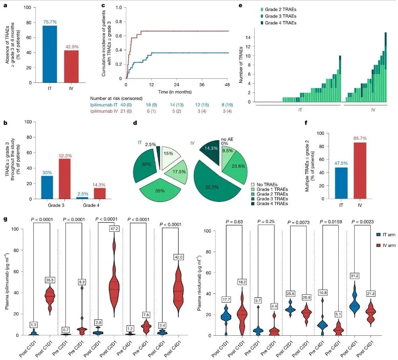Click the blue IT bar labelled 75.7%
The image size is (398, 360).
coord(50,54)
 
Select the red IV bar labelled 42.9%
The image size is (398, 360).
coord(71,67)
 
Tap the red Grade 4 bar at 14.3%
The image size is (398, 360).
coord(100,193)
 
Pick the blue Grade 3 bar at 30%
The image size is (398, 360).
coord(47,187)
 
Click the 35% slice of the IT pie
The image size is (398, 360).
coord(160,190)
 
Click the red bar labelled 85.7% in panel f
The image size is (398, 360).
coord(360,170)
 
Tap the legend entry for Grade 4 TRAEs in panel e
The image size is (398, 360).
coord(278,23)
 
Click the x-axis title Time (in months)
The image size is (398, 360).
coord(175,92)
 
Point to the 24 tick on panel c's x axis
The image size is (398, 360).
coord(176,84)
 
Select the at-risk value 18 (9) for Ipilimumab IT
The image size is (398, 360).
coord(151,105)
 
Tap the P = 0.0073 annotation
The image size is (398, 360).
coord(298,222)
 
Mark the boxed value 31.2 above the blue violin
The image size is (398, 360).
coord(354,276)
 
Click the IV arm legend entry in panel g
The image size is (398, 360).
coord(386,245)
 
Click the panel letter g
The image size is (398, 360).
coord(6,219)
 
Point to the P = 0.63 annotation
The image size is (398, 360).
coord(234,222)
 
